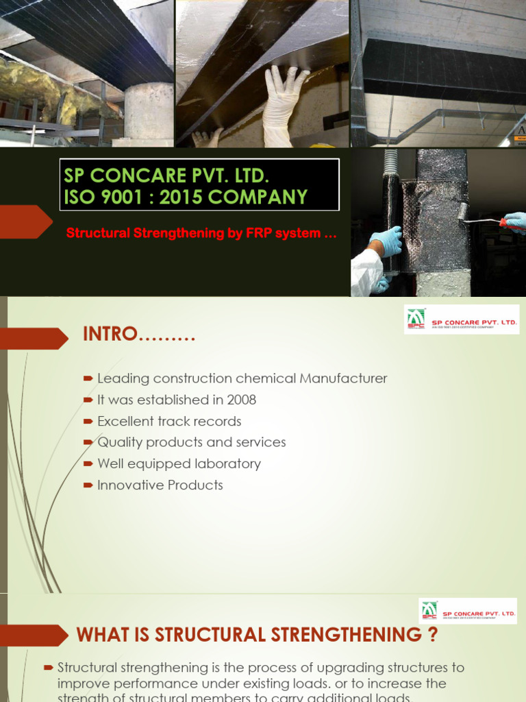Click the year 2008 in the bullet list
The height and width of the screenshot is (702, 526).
coord(242,400)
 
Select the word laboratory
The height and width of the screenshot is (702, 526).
coord(229,464)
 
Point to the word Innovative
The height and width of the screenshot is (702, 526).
coord(126,485)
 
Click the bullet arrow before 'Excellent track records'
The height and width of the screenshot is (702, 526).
coord(88,422)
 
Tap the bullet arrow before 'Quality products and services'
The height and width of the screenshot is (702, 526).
coord(88,443)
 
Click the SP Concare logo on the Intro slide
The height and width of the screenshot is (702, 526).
coord(461,320)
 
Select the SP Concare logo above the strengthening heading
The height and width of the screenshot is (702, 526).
coord(468,611)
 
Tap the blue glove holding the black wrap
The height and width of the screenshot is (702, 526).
coord(385,241)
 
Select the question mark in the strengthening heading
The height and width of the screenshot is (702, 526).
coord(431,636)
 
